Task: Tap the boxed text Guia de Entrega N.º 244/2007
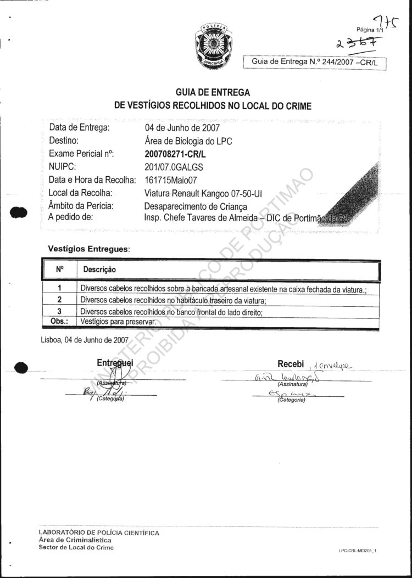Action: coord(315,63)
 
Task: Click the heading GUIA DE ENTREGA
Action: coord(213,93)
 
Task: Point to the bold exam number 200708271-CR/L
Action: coord(178,154)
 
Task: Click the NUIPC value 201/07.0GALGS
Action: coord(174,167)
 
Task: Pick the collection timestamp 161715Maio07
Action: coord(171,180)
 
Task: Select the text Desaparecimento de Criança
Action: coord(196,206)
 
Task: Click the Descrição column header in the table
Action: coord(99,270)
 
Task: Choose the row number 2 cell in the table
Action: coord(59,300)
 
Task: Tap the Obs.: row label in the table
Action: coord(59,322)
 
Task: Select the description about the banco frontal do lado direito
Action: coord(171,312)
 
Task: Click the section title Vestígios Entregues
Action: coord(89,249)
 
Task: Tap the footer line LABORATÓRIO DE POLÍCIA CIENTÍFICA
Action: coord(99,533)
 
